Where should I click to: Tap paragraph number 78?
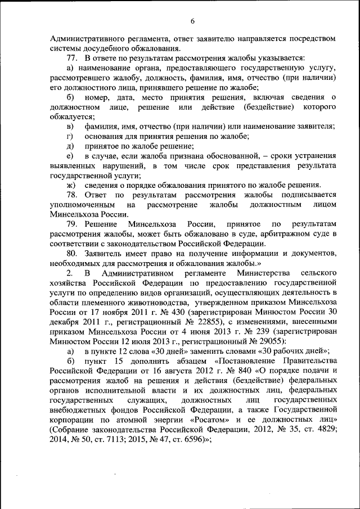pyautogui.click(x=73, y=194)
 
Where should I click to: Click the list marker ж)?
pyautogui.click(x=71, y=185)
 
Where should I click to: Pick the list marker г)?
pyautogui.click(x=69, y=136)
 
